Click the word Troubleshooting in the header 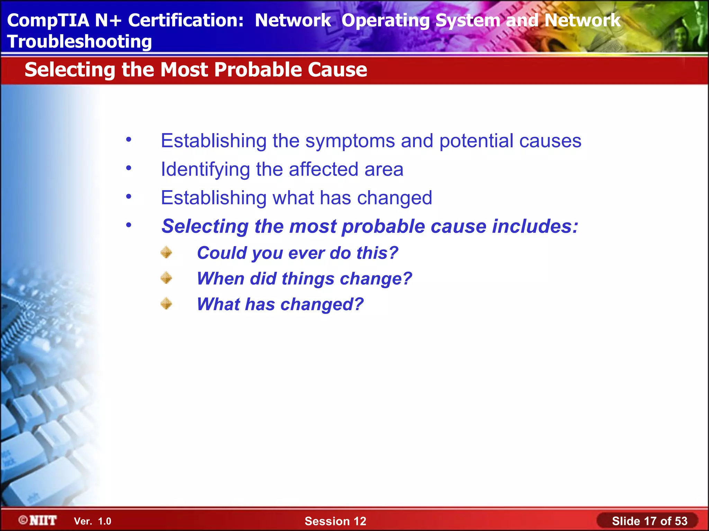pyautogui.click(x=79, y=42)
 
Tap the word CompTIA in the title pyautogui.click(x=48, y=20)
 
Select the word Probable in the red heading pyautogui.click(x=258, y=69)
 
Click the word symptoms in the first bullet pyautogui.click(x=350, y=141)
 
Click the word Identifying pyautogui.click(x=205, y=170)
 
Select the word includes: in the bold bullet pyautogui.click(x=535, y=226)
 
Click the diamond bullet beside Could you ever pyautogui.click(x=167, y=252)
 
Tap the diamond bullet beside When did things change pyautogui.click(x=167, y=278)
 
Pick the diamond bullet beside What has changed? pyautogui.click(x=167, y=304)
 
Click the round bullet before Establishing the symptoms pyautogui.click(x=129, y=140)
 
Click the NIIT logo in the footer pyautogui.click(x=38, y=520)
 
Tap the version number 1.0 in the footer pyautogui.click(x=105, y=521)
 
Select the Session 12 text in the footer pyautogui.click(x=335, y=521)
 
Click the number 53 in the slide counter pyautogui.click(x=681, y=521)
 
